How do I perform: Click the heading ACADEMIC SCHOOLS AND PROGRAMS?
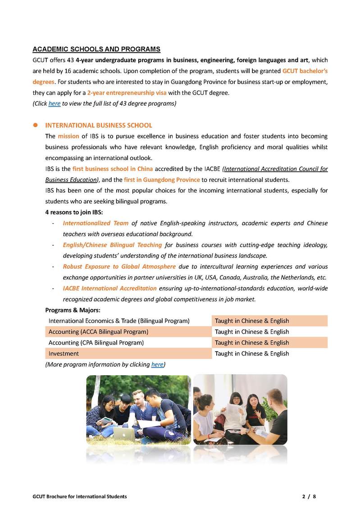click(x=96, y=49)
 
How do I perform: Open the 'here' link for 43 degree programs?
click(x=54, y=103)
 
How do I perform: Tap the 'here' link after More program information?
click(x=157, y=364)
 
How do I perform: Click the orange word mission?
click(x=68, y=136)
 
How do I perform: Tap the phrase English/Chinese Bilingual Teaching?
click(x=112, y=245)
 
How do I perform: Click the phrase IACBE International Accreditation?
click(x=109, y=288)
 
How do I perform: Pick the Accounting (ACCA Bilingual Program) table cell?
click(x=98, y=332)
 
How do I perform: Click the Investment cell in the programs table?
click(x=64, y=354)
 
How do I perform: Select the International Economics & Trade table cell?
click(x=118, y=321)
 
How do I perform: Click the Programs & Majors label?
click(x=73, y=310)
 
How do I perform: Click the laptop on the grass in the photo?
click(x=123, y=434)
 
